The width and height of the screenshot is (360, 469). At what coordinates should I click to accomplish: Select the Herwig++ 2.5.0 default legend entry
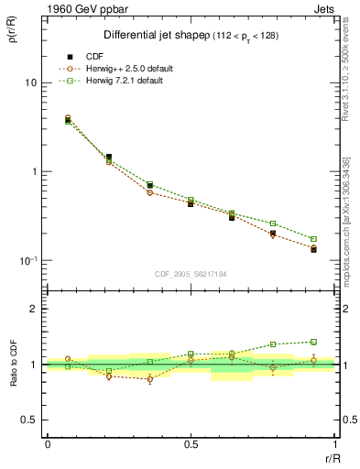coord(129,69)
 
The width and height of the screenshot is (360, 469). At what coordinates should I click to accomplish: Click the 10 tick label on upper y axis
coord(29,82)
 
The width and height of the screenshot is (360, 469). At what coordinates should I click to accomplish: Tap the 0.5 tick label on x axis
coord(191,444)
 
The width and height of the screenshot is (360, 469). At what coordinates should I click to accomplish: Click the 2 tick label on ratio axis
coord(34,310)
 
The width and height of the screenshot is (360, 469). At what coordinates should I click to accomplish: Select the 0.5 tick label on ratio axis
coord(29,420)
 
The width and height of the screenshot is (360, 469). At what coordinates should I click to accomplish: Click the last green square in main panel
coord(313,239)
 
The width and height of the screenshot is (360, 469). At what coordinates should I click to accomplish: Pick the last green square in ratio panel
coord(313,342)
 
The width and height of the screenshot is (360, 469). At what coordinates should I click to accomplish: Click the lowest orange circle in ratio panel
coord(150,379)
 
